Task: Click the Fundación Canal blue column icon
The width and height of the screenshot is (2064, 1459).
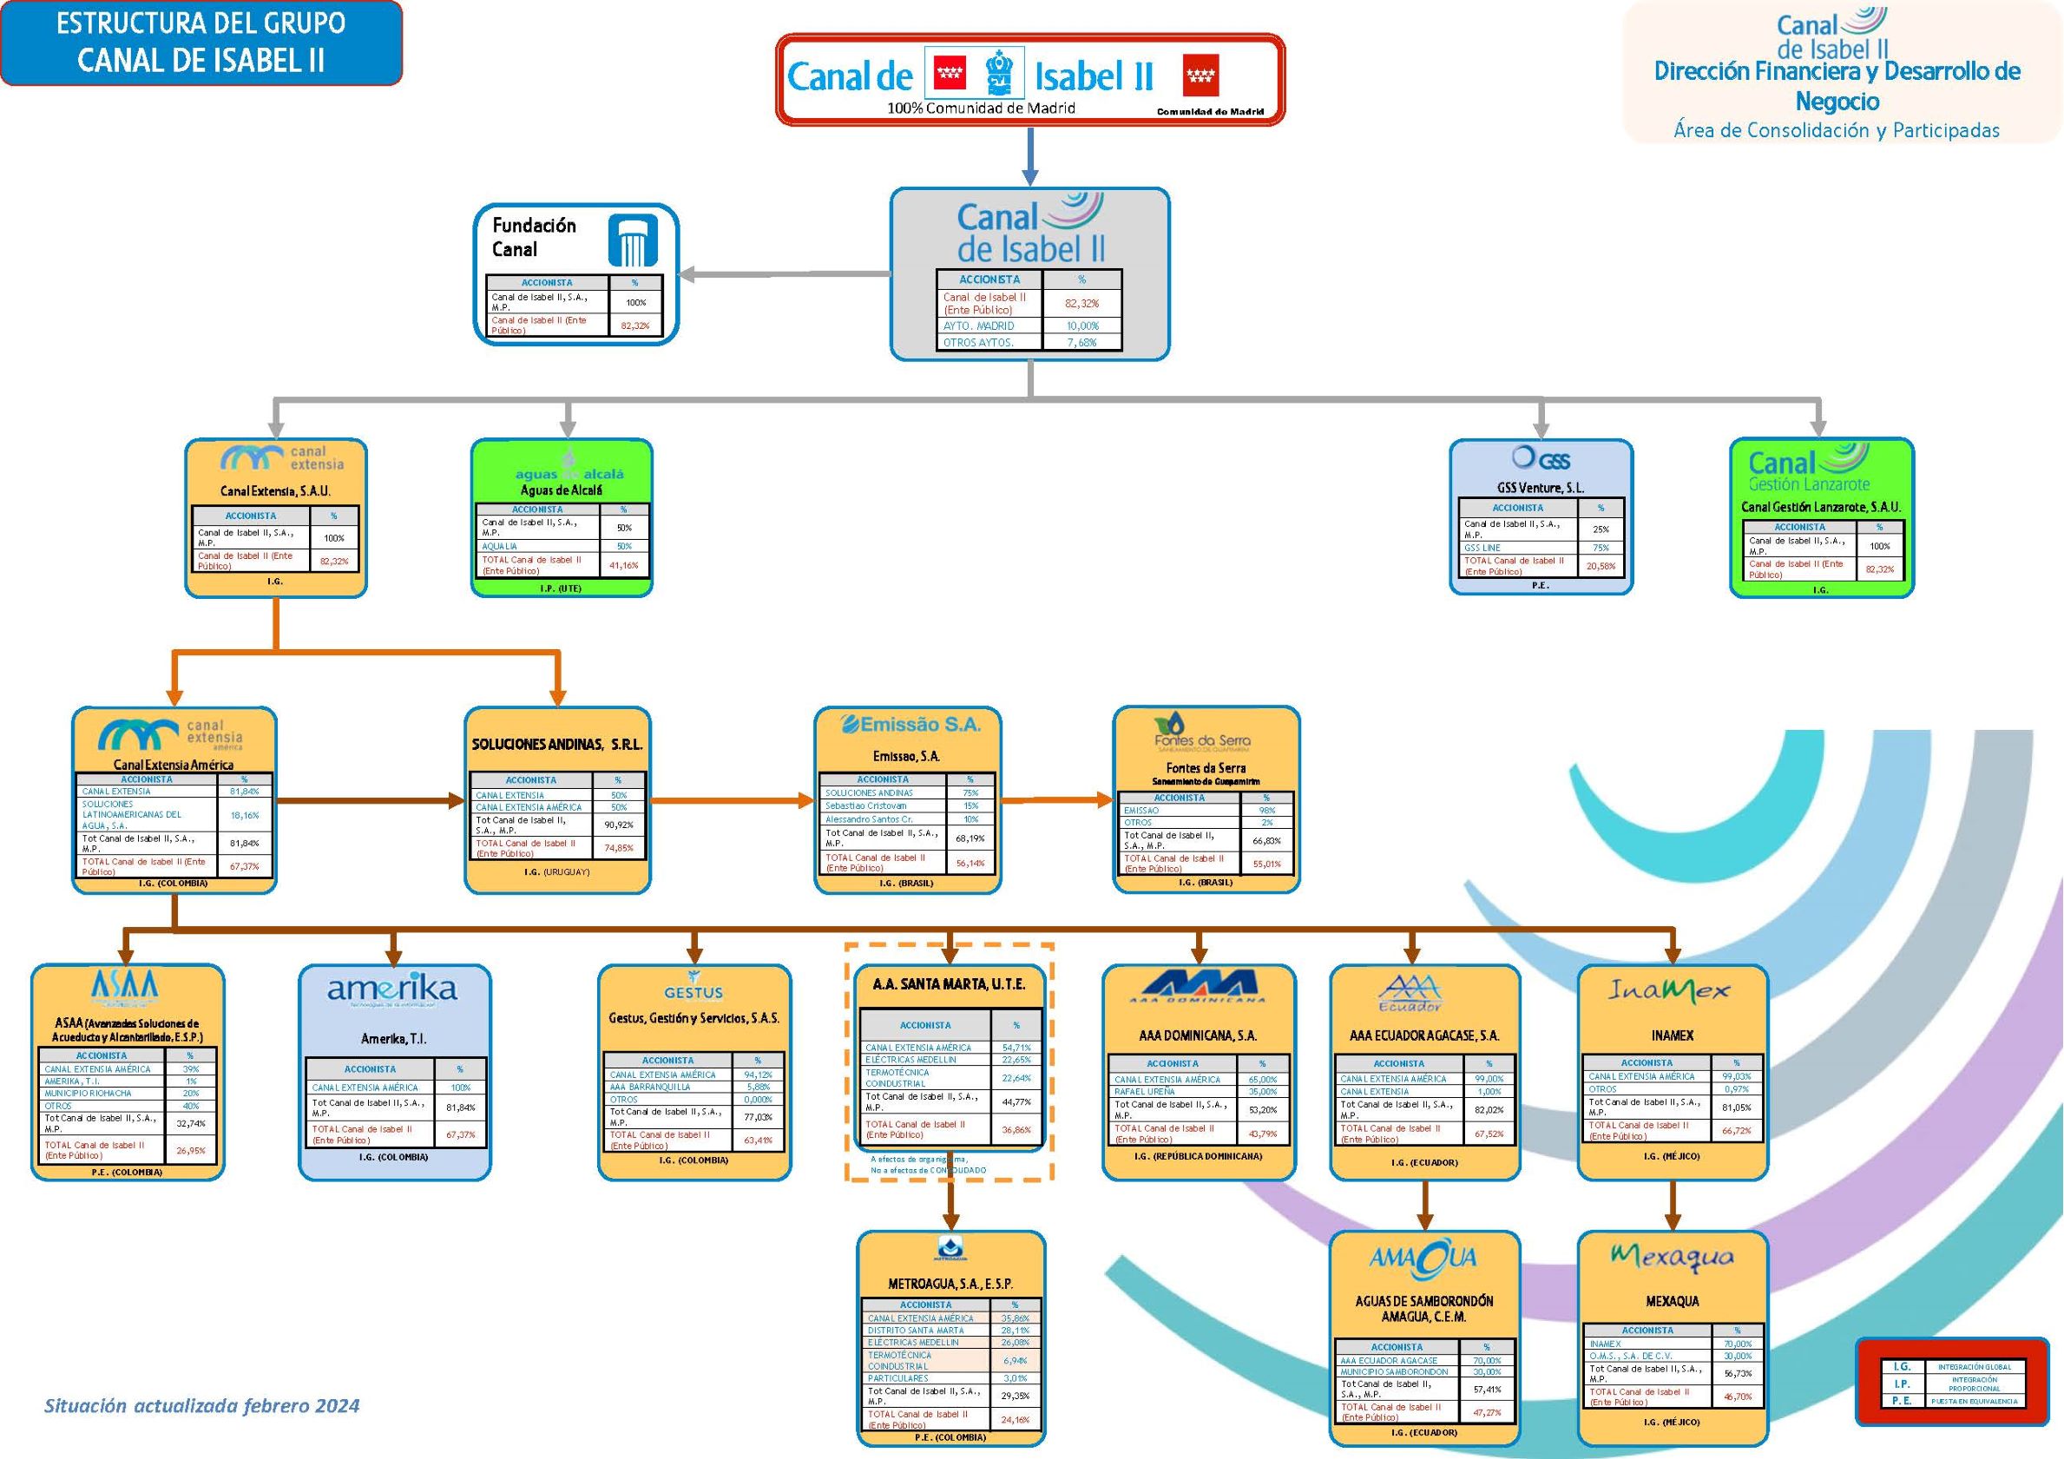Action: [633, 240]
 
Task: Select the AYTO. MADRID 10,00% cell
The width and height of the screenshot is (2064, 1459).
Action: [1082, 325]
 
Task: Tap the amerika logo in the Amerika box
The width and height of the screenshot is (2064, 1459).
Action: [392, 989]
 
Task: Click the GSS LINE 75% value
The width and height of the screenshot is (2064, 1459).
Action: [1601, 548]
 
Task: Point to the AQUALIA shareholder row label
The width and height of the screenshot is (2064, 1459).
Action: [500, 546]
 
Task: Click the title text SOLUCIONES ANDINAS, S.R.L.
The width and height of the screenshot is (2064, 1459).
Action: [556, 745]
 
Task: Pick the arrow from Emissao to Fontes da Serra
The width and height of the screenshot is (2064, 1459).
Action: [1056, 799]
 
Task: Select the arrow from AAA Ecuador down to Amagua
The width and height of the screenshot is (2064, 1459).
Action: [1424, 1205]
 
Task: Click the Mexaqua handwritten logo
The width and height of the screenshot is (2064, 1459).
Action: [1672, 1256]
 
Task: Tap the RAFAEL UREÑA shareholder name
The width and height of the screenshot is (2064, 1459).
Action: [1144, 1091]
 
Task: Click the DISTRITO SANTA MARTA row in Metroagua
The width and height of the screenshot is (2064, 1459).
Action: [915, 1330]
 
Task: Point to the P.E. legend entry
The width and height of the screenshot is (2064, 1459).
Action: [1902, 1401]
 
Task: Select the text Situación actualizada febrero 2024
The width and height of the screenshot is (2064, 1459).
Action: [201, 1406]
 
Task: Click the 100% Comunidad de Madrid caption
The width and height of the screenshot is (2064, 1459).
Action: [981, 108]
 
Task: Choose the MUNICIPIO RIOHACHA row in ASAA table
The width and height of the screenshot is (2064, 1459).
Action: [89, 1093]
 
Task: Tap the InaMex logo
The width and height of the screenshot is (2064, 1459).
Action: [1668, 990]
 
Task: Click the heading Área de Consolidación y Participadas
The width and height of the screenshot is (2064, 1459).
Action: [1837, 130]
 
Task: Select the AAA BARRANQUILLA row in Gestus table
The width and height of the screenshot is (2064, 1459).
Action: [650, 1087]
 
